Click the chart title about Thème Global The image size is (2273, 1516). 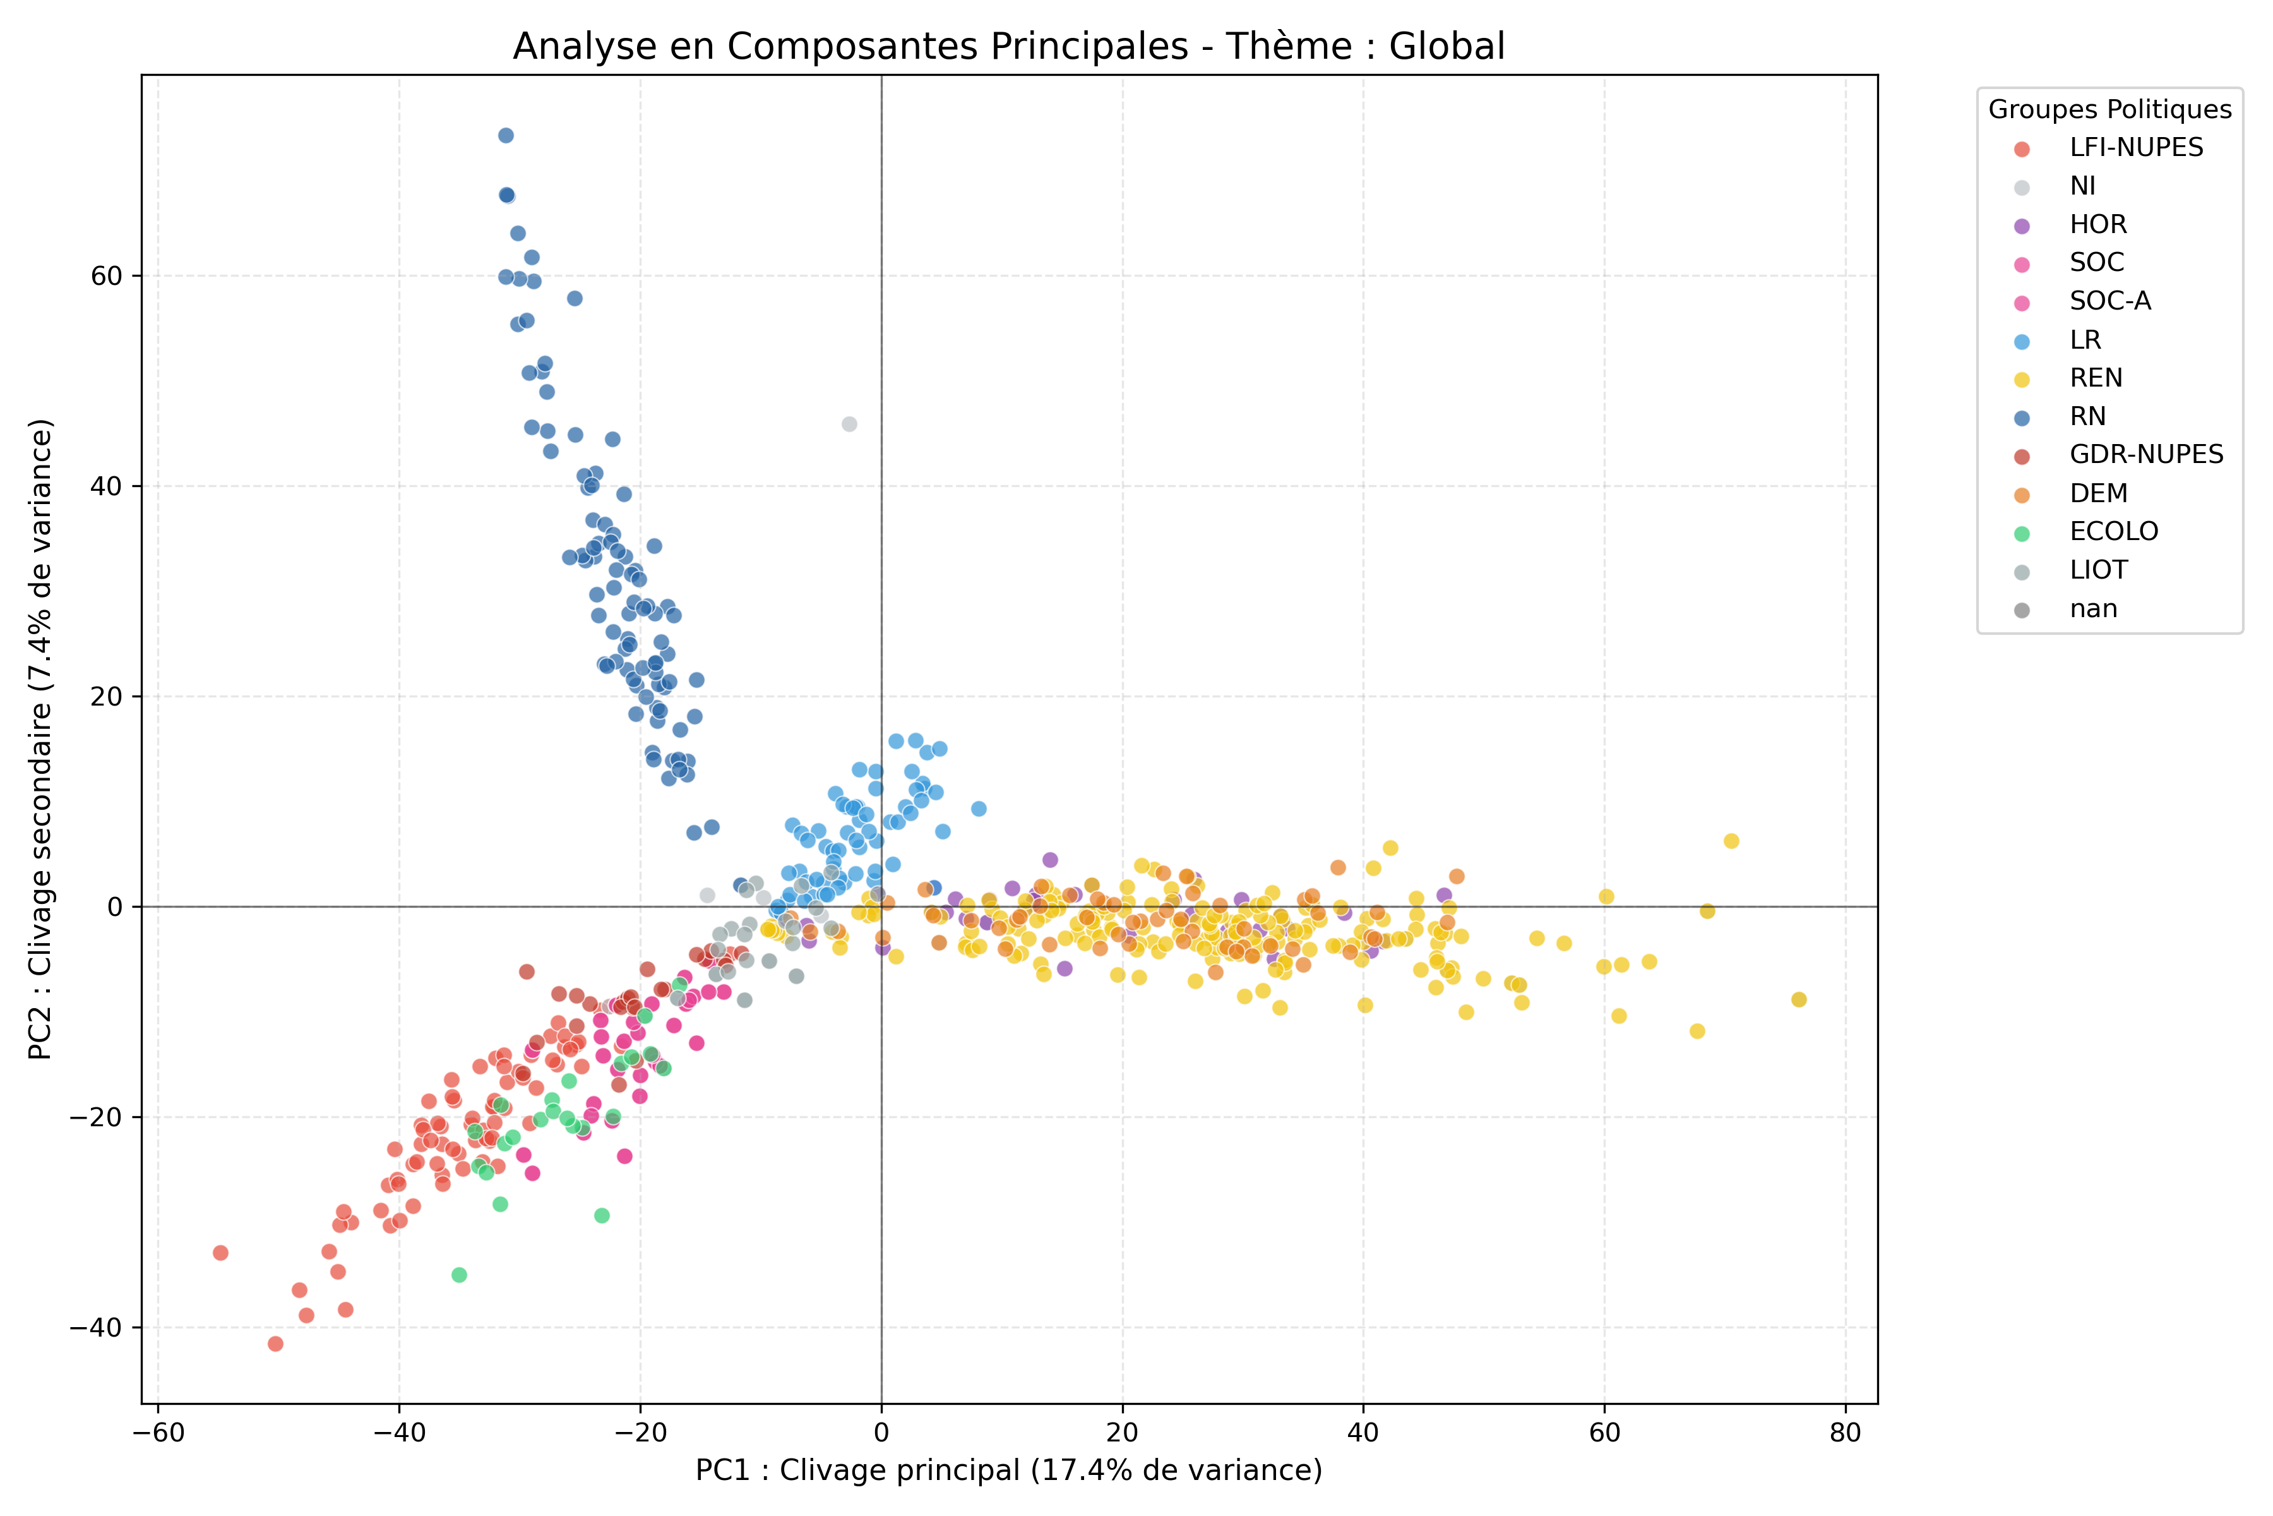point(1008,46)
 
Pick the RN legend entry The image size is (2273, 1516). point(2087,417)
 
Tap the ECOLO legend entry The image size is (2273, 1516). point(2113,532)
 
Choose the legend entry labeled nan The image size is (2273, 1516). point(2093,609)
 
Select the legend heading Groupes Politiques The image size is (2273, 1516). point(2109,109)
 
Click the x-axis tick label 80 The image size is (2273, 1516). point(1845,1433)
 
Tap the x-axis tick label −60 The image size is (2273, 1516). point(157,1433)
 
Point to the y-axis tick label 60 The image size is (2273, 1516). point(106,277)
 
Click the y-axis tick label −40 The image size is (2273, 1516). point(97,1328)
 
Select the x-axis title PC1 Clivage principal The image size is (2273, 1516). point(1008,1471)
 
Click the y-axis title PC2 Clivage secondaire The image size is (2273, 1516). point(40,740)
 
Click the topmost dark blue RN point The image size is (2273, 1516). point(506,135)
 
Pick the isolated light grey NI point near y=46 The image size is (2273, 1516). point(849,424)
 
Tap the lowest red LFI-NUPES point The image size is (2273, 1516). point(275,1344)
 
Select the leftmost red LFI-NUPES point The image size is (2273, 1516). point(220,1253)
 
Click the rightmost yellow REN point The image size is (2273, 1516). point(1798,1000)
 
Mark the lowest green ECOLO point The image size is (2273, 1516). point(459,1275)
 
